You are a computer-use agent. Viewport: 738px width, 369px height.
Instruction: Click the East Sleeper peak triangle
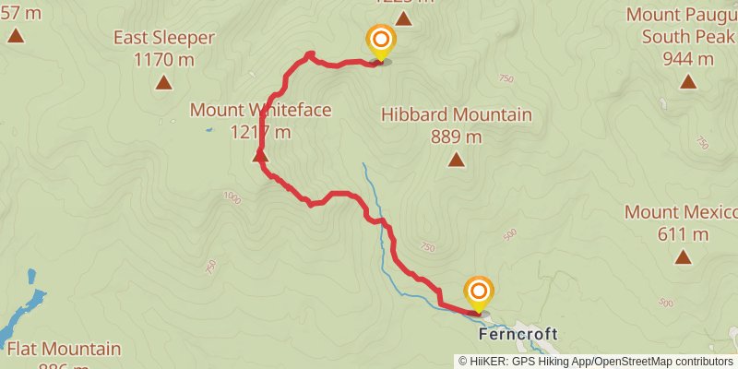163,82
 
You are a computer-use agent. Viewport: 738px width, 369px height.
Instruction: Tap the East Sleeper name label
164,38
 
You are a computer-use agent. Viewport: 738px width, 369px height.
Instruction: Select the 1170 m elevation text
164,60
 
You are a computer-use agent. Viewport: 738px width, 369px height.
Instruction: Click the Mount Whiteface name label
260,110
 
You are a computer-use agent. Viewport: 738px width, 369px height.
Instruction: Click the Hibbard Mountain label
456,114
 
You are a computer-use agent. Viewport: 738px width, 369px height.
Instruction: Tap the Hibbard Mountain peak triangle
456,160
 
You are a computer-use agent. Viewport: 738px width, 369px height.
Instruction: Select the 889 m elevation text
456,137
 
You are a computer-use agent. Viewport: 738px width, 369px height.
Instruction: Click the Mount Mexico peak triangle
684,256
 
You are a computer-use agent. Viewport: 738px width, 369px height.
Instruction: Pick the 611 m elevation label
684,233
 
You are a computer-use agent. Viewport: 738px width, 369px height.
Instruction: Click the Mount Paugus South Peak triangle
687,81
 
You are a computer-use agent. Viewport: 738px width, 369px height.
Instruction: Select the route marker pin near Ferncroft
479,293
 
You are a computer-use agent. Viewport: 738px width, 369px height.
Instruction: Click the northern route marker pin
380,41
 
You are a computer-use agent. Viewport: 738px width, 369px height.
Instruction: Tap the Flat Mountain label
64,349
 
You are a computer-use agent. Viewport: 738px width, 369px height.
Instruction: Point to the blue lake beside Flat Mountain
22,309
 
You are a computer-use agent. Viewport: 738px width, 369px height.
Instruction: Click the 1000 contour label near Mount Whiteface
231,196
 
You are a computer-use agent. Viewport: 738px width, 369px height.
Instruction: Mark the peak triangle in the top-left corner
15,36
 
